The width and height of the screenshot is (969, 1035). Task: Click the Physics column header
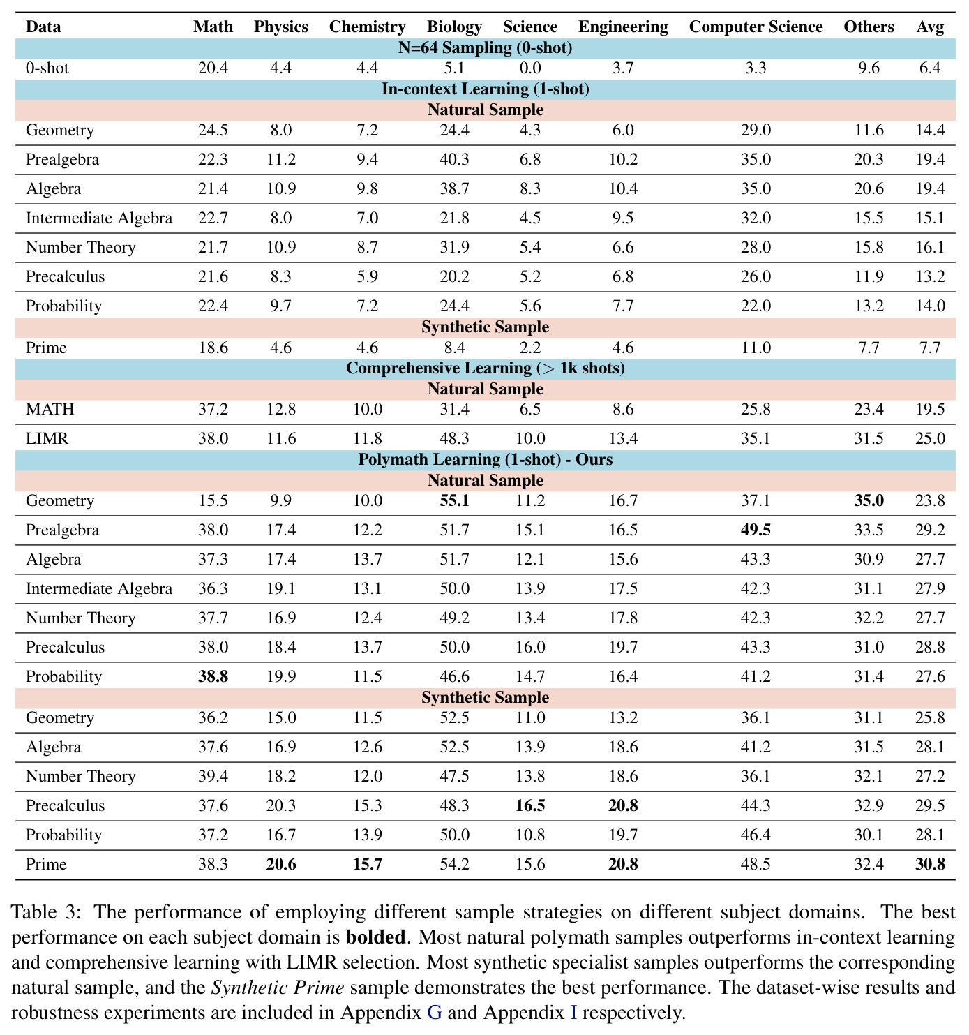tap(281, 27)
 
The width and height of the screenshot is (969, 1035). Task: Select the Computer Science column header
tap(756, 27)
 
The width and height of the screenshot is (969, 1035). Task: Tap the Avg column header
tap(930, 27)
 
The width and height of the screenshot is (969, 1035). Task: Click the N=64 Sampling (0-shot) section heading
tap(485, 48)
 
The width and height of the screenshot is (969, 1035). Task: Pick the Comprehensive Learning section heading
tap(485, 368)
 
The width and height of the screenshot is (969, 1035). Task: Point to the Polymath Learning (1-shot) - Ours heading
tap(485, 460)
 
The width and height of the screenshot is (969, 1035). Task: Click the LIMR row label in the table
tap(47, 438)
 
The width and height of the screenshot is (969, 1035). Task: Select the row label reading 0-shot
tap(47, 68)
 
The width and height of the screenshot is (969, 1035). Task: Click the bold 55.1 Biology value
tap(454, 501)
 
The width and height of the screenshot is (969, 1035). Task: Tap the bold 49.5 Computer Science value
tap(756, 530)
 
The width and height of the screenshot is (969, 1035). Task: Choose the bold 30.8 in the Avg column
tap(930, 865)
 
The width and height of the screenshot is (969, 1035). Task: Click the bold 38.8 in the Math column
tap(213, 676)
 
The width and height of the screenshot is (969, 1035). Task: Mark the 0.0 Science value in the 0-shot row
tap(529, 68)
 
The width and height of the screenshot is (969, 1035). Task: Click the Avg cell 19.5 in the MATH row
tap(930, 409)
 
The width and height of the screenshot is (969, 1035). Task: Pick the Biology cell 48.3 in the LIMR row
tap(454, 438)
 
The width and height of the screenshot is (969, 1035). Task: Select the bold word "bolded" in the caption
tap(375, 937)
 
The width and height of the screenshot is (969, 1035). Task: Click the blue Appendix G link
tap(435, 1013)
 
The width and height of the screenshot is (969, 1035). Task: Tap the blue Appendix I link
tap(573, 1013)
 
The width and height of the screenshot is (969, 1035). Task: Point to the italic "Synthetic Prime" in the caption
tap(277, 988)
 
